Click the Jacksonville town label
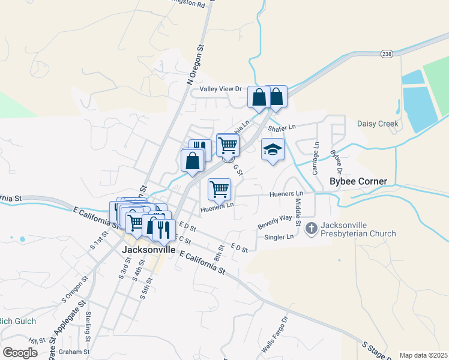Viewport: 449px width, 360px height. [x=149, y=249]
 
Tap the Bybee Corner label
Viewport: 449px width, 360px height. [x=358, y=181]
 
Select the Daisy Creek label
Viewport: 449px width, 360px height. [x=378, y=124]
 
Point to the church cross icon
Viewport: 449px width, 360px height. [x=311, y=228]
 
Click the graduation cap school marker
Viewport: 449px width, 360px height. [x=273, y=149]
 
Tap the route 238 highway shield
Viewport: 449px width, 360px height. [x=387, y=53]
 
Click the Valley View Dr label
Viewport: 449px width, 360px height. [x=220, y=89]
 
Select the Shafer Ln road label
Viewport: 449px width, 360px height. [x=282, y=127]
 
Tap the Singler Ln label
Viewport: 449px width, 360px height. [x=279, y=237]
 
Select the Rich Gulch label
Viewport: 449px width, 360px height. [x=18, y=321]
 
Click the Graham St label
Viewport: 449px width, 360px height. [x=79, y=352]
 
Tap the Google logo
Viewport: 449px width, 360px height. [x=20, y=352]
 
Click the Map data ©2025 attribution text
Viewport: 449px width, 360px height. [x=423, y=355]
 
